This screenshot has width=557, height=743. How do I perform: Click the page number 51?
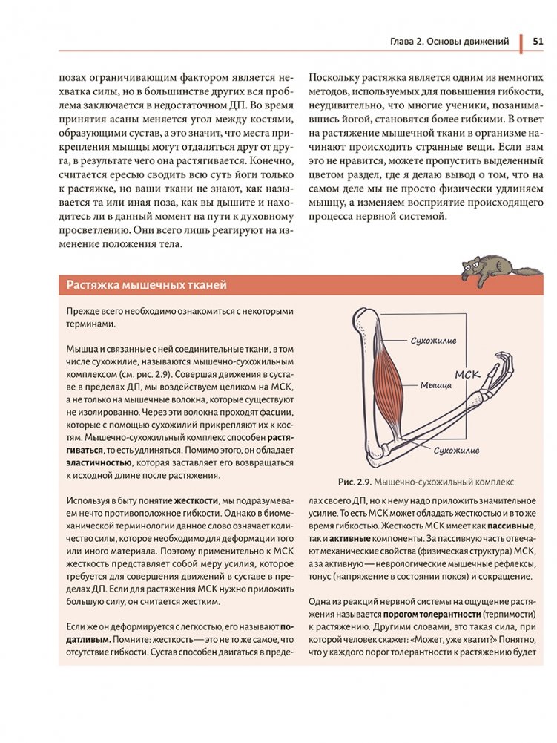(x=538, y=42)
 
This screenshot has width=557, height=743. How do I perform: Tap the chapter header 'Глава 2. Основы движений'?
(x=449, y=42)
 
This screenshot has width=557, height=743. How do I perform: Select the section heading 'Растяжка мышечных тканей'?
(x=146, y=286)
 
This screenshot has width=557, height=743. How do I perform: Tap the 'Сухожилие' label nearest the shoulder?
(x=433, y=341)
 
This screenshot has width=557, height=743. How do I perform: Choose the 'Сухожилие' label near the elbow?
(x=456, y=450)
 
